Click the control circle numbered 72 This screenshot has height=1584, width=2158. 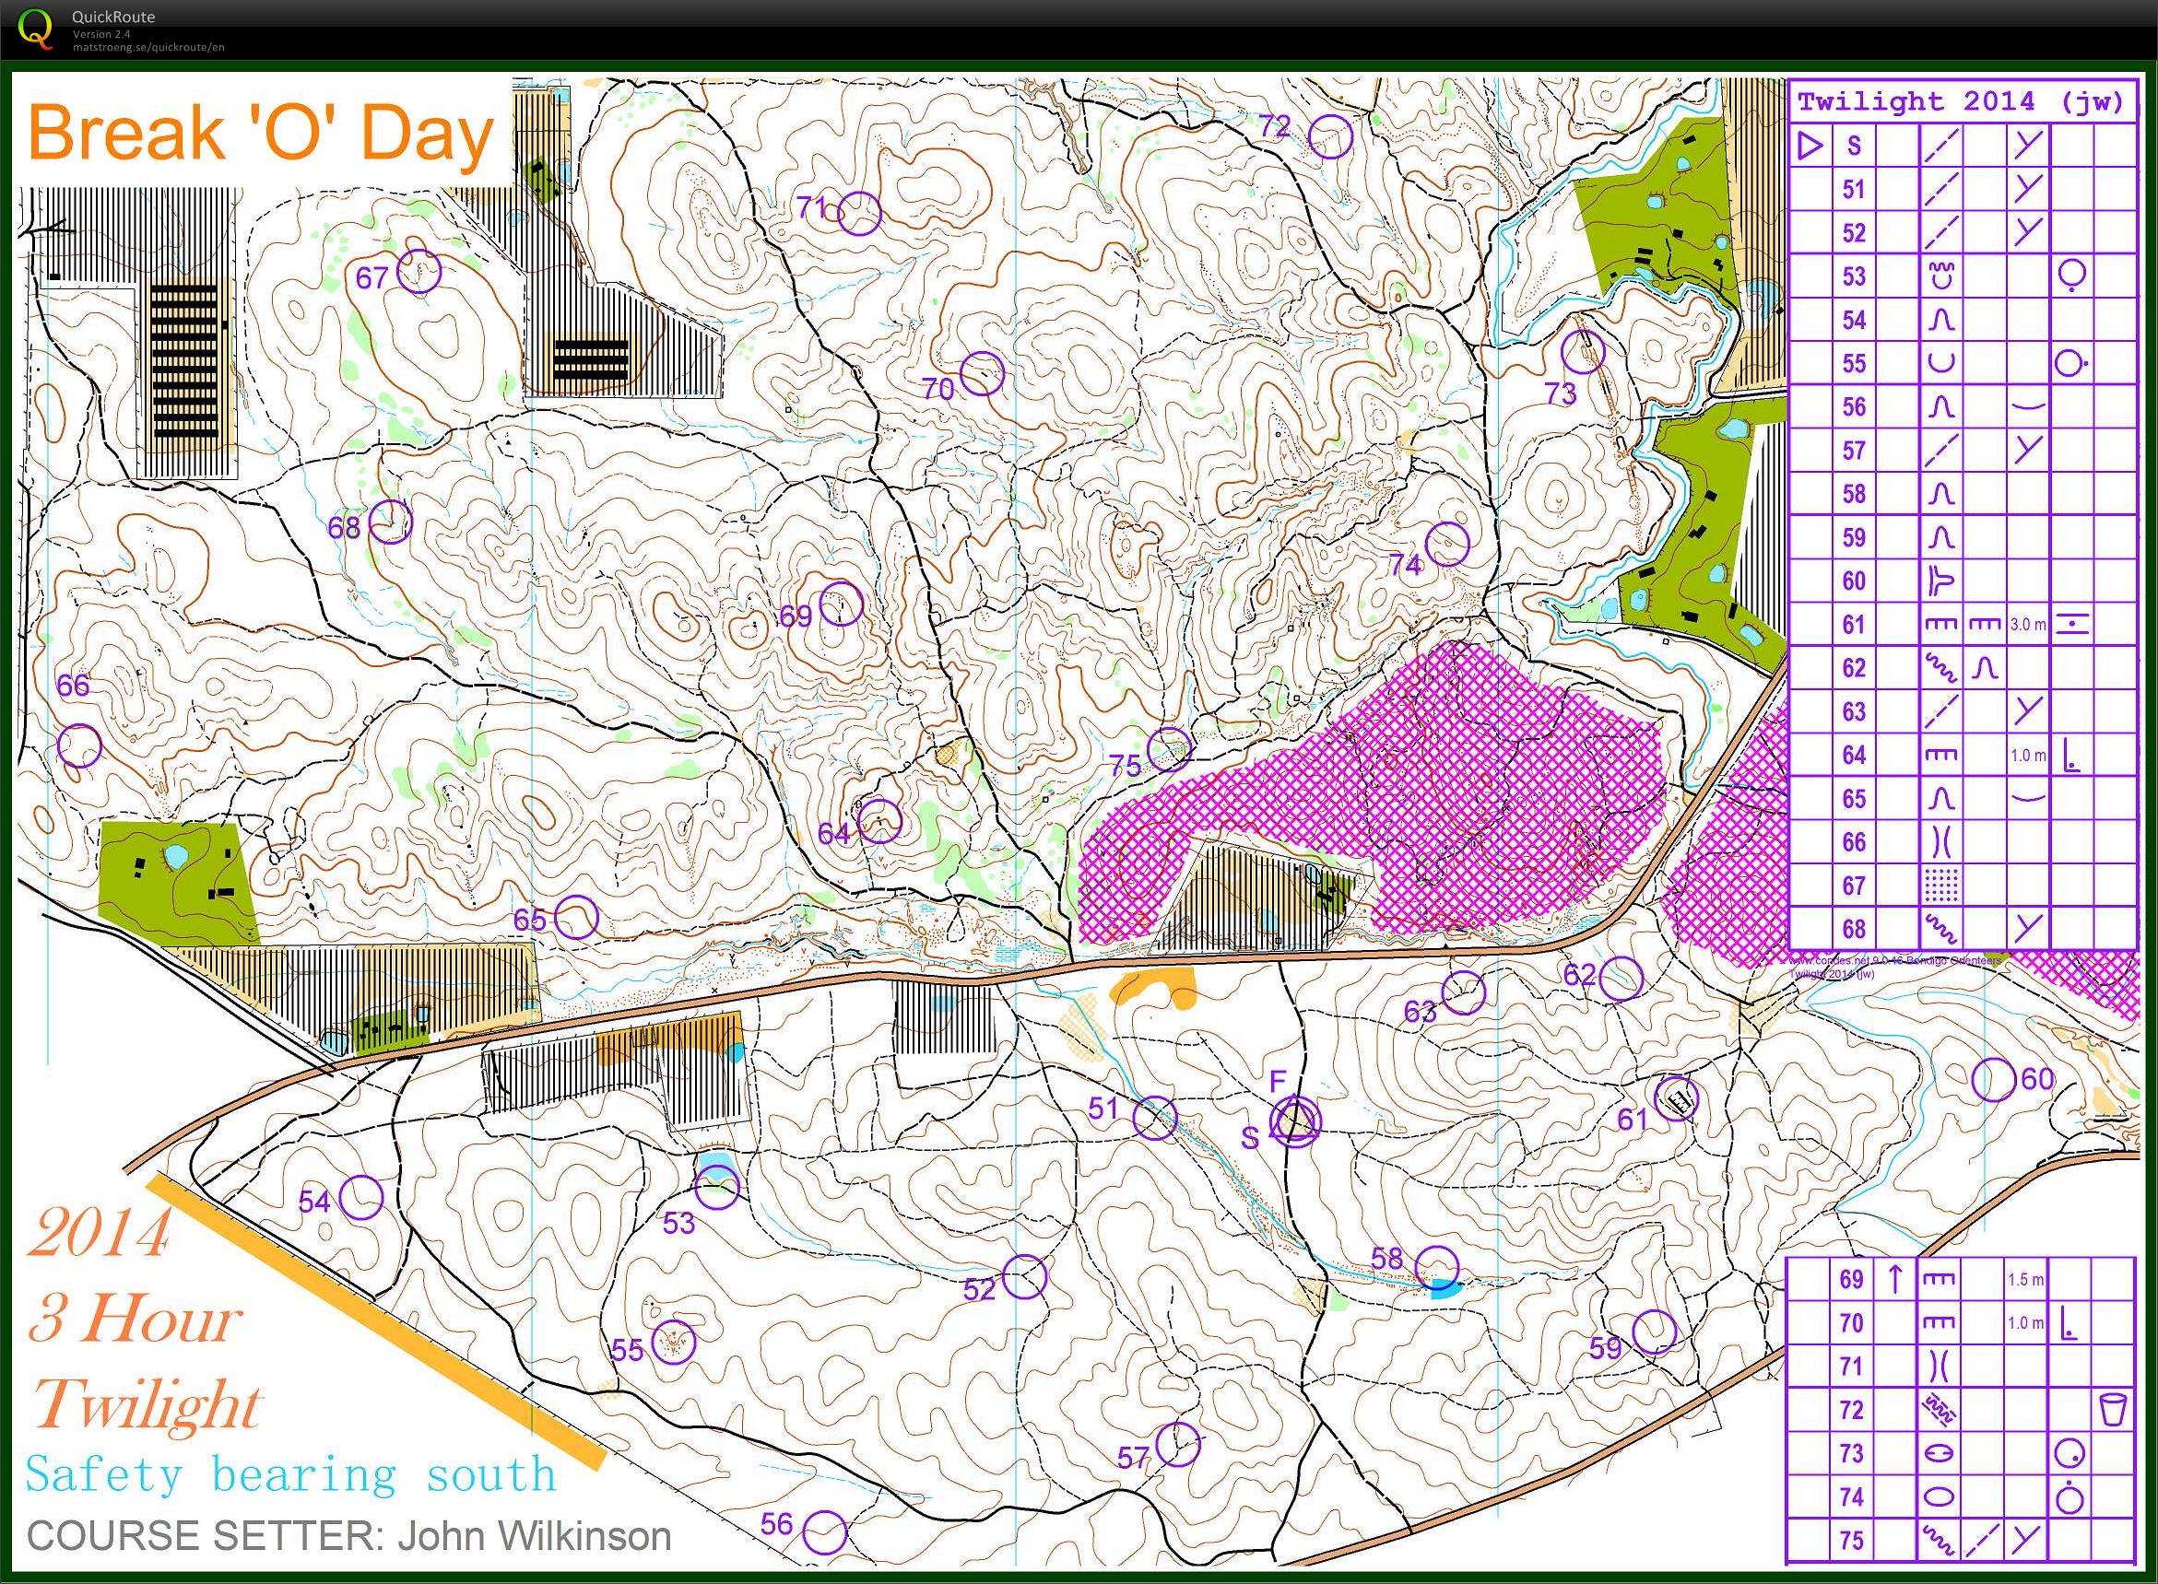tap(1330, 136)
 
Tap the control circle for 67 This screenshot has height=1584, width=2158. tap(419, 271)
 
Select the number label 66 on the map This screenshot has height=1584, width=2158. tap(73, 685)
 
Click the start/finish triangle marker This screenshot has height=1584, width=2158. tap(1295, 1120)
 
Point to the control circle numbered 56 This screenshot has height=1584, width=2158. tap(825, 1532)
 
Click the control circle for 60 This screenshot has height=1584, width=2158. tap(1993, 1080)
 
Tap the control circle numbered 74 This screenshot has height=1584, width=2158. tap(1447, 544)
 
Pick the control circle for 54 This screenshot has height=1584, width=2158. tap(361, 1197)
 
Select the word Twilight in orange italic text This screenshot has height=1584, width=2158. tap(146, 1405)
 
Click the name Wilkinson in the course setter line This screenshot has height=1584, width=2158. tap(535, 1536)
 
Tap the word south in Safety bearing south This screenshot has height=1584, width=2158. tap(491, 1474)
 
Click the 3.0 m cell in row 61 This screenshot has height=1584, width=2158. tap(2026, 624)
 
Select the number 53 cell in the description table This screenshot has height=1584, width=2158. tap(1853, 276)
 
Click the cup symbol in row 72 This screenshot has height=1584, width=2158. tap(2113, 1410)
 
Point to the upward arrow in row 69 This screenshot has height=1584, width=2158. tap(1895, 1279)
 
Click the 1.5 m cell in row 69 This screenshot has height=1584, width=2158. tap(2024, 1279)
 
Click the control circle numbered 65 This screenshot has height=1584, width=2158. tap(576, 918)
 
